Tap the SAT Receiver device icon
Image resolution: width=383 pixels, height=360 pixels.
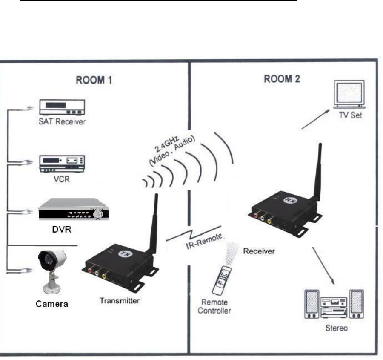pyautogui.click(x=62, y=108)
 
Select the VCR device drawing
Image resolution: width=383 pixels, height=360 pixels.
pyautogui.click(x=62, y=163)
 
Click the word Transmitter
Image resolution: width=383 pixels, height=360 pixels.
pyautogui.click(x=120, y=300)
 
